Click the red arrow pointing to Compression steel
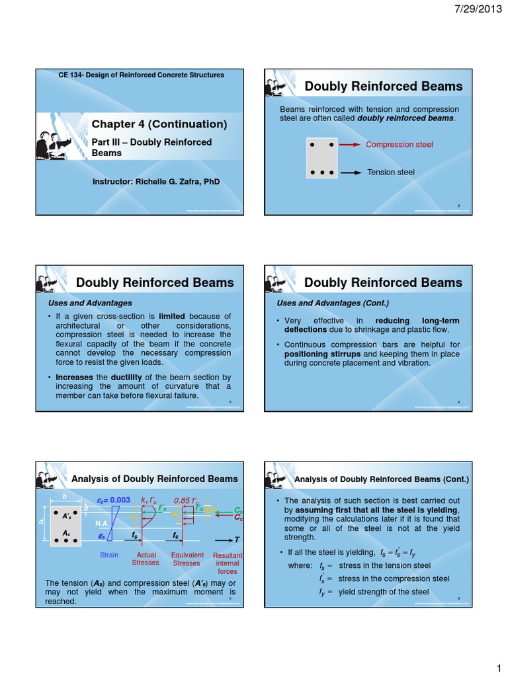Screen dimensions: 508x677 click(x=350, y=144)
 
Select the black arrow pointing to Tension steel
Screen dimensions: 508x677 click(x=350, y=173)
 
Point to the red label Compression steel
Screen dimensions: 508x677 click(x=400, y=144)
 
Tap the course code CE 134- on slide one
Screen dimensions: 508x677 click(x=73, y=75)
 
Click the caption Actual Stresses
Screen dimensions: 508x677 click(x=146, y=559)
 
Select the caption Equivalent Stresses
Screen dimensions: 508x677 click(x=187, y=559)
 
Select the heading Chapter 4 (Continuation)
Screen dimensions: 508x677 click(x=159, y=124)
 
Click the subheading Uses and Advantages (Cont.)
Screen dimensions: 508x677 click(x=333, y=303)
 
